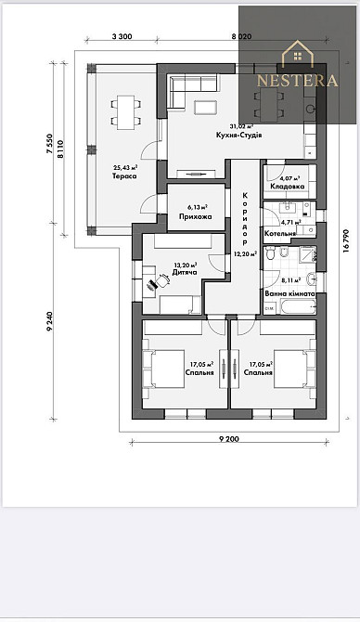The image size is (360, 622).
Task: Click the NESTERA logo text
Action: pos(297,80)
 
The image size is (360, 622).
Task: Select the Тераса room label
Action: pos(125,175)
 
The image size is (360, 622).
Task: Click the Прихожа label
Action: pos(195,216)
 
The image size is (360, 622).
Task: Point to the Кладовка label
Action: pos(288,187)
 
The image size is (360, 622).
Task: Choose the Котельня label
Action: pos(280,233)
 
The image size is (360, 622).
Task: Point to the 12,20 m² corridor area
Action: pos(244,253)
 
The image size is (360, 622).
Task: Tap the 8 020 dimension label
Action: pos(240,35)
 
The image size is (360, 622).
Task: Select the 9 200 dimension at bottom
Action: pos(230,436)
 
